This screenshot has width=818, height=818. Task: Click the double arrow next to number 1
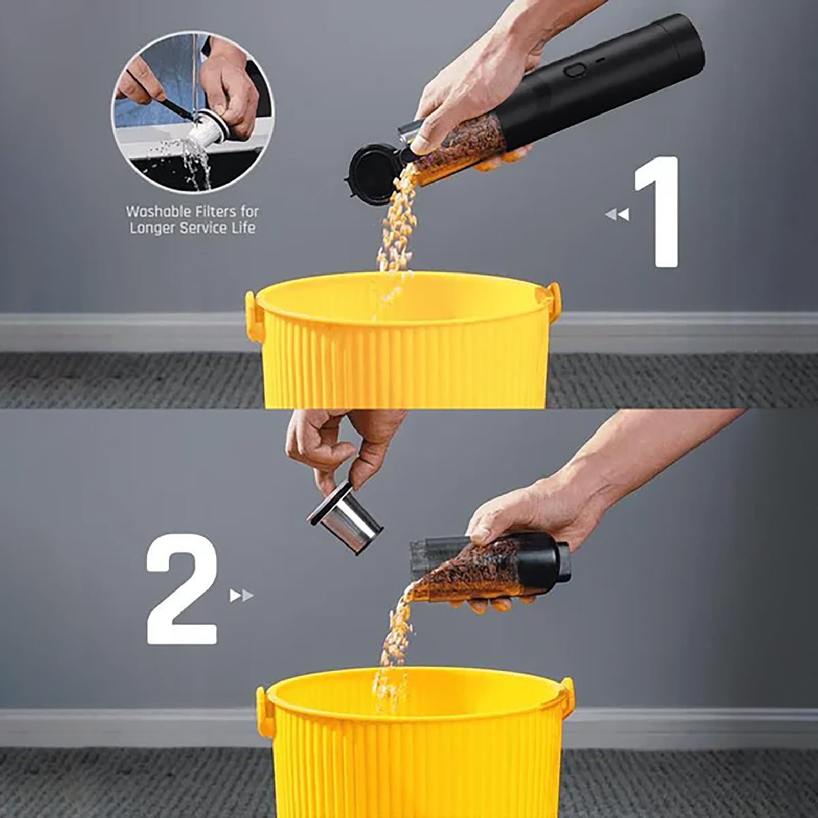(617, 214)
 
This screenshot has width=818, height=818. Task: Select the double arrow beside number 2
(241, 596)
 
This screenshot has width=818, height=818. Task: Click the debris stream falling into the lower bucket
(396, 644)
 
